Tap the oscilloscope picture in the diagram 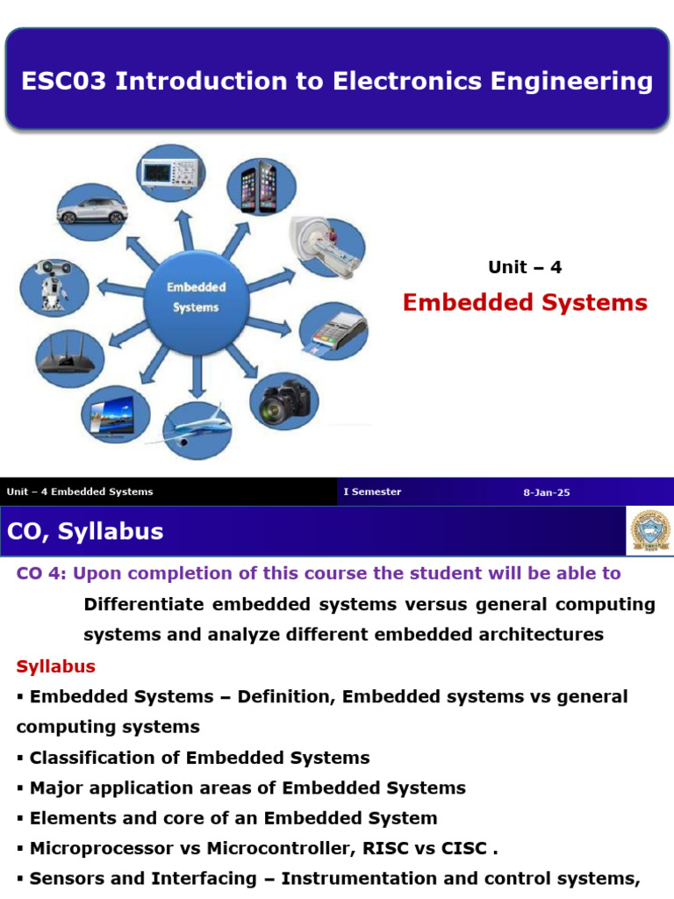click(x=170, y=173)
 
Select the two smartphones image click(x=261, y=187)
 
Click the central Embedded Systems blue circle click(x=197, y=298)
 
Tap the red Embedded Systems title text click(x=525, y=303)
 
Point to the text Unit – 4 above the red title click(x=525, y=268)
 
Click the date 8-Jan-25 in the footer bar click(x=547, y=493)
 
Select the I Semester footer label click(x=372, y=492)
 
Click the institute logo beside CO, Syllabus click(x=649, y=530)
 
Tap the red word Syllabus click(x=55, y=666)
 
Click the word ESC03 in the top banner click(x=63, y=82)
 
